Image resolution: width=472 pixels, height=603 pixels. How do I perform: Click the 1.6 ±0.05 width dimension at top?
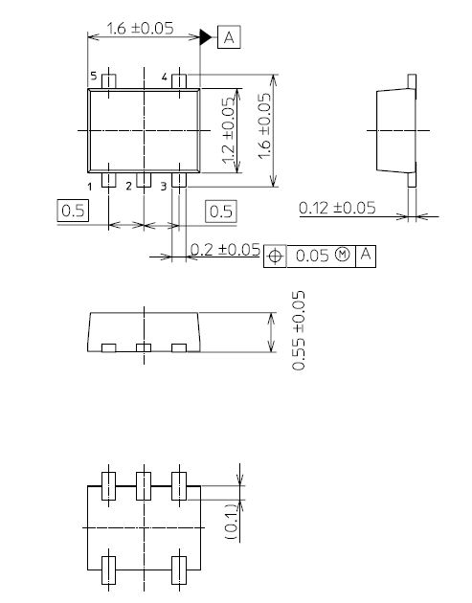click(139, 28)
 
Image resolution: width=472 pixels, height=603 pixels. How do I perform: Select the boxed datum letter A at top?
click(230, 37)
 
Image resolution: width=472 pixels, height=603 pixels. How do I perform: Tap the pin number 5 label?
click(94, 76)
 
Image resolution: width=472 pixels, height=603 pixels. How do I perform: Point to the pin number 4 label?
click(165, 76)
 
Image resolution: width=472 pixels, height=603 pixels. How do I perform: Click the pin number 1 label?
click(89, 186)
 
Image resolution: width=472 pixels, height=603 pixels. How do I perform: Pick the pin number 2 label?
click(128, 186)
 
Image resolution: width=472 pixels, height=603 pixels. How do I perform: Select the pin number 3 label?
click(164, 186)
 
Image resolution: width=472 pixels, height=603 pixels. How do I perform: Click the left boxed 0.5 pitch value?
click(73, 211)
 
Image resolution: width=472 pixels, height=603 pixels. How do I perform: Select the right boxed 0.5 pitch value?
click(221, 211)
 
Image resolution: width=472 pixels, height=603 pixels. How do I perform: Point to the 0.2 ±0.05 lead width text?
click(226, 250)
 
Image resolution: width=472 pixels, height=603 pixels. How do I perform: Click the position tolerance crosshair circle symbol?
click(276, 256)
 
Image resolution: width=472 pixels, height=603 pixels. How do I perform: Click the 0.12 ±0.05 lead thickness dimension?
click(337, 207)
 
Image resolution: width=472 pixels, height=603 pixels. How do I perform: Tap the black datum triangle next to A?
click(205, 37)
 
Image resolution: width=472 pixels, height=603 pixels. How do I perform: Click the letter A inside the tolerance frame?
click(367, 256)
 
